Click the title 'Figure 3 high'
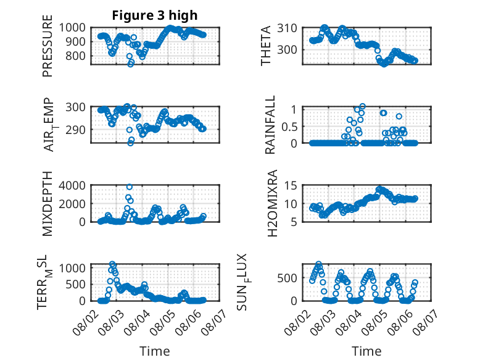pyautogui.click(x=155, y=15)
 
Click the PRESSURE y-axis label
pyautogui.click(x=48, y=46)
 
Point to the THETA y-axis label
pyautogui.click(x=266, y=46)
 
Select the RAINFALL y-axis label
pyautogui.click(x=270, y=125)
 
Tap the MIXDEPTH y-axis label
pyautogui.click(x=48, y=204)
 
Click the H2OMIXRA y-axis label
pyautogui.click(x=272, y=203)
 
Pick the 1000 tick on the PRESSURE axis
pyautogui.click(x=72, y=28)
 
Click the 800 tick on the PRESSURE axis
pyautogui.click(x=76, y=56)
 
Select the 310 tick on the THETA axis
pyautogui.click(x=287, y=28)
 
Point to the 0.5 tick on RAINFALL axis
pyautogui.click(x=289, y=127)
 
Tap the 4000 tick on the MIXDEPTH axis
pyautogui.click(x=72, y=185)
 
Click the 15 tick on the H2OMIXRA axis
pyautogui.click(x=291, y=185)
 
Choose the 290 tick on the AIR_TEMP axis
pyautogui.click(x=76, y=130)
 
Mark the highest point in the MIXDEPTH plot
pyautogui.click(x=130, y=187)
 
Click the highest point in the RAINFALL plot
pyautogui.click(x=362, y=106)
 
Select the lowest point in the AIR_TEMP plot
pyautogui.click(x=130, y=143)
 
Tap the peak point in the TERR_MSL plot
pyautogui.click(x=112, y=264)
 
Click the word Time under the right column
pyautogui.click(x=366, y=351)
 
